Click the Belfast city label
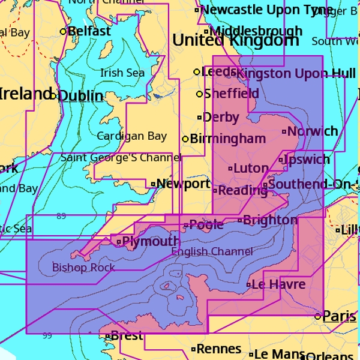pos(89,31)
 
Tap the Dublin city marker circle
pos(53,96)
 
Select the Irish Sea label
pos(122,73)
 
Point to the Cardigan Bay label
pos(132,136)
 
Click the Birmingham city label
pos(227,139)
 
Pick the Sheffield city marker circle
pos(199,94)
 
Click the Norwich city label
pos(313,131)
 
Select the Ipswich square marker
pos(281,160)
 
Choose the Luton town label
pos(250,169)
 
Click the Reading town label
pos(242,191)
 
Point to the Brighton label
pos(270,220)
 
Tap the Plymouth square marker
pos(119,242)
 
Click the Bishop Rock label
pos(83,268)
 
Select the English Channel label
pos(212,251)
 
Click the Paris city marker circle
pos(318,316)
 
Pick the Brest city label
pos(127,336)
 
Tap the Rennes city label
pos(218,349)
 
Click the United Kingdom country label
pos(235,40)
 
